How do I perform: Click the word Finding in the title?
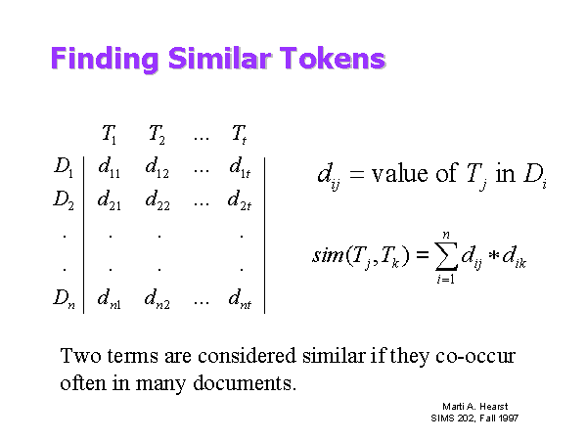point(105,59)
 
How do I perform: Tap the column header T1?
point(109,134)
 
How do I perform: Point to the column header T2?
point(157,134)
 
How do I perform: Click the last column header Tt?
point(240,134)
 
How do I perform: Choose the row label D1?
point(64,166)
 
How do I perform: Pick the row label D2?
point(64,199)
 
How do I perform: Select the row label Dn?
point(64,298)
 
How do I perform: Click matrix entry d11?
point(109,167)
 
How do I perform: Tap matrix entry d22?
point(158,199)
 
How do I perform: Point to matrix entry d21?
point(109,199)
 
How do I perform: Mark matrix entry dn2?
point(158,299)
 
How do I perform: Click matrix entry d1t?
point(240,167)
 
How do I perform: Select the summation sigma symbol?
point(446,256)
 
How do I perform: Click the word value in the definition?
point(400,174)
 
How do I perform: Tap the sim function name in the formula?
point(328,255)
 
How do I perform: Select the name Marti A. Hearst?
point(475,407)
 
